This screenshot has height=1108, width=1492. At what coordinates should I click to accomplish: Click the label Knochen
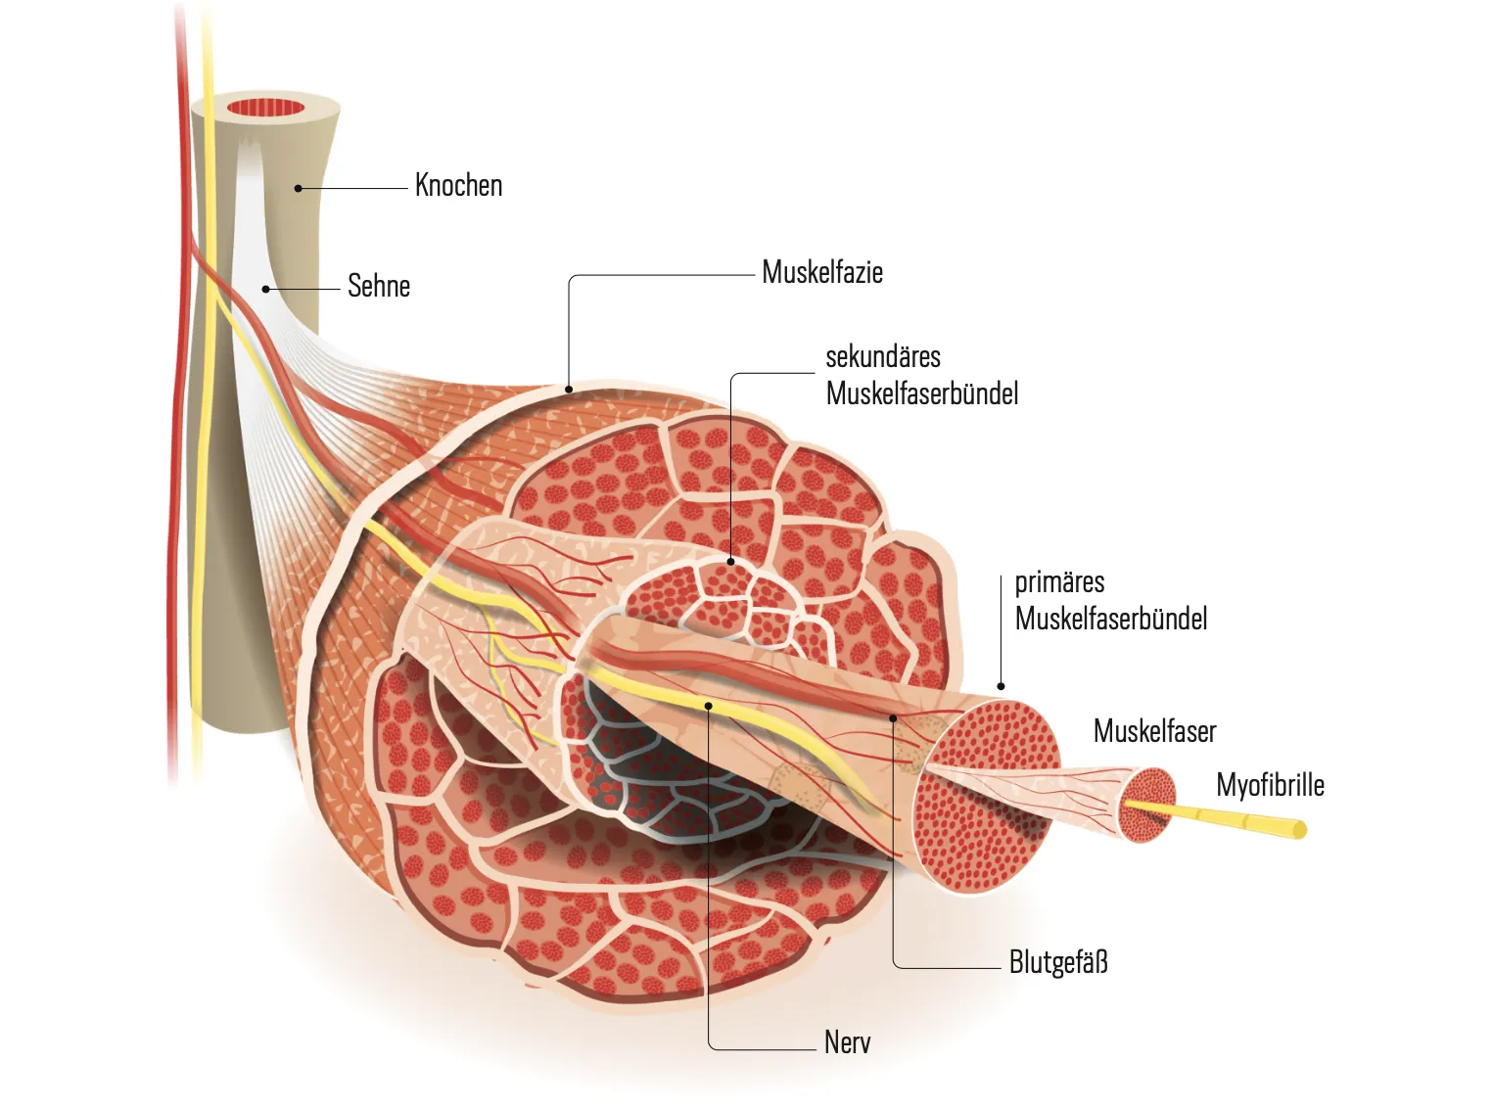pyautogui.click(x=458, y=185)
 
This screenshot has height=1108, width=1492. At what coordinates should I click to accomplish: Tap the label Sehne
pyautogui.click(x=379, y=286)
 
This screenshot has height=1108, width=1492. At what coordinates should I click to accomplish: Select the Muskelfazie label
pyautogui.click(x=822, y=272)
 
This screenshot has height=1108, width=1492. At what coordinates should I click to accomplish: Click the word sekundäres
pyautogui.click(x=883, y=356)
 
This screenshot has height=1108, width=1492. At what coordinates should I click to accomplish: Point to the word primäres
pyautogui.click(x=1059, y=582)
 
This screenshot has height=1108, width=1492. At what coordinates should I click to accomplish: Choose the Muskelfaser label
pyautogui.click(x=1154, y=731)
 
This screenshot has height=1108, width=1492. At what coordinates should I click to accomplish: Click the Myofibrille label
pyautogui.click(x=1270, y=785)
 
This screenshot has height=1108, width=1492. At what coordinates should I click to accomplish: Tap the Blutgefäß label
pyautogui.click(x=1058, y=962)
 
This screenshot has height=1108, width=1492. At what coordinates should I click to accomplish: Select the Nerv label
pyautogui.click(x=847, y=1042)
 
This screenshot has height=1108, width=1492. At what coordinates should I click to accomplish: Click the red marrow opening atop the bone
pyautogui.click(x=266, y=108)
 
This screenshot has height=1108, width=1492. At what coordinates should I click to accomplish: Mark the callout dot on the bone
pyautogui.click(x=299, y=188)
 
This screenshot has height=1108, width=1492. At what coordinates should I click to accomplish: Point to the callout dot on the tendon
pyautogui.click(x=265, y=289)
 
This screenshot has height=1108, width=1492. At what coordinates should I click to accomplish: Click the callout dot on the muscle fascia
pyautogui.click(x=570, y=390)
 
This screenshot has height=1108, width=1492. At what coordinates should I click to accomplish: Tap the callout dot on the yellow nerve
pyautogui.click(x=709, y=705)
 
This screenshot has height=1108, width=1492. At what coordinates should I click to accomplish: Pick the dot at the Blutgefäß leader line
pyautogui.click(x=893, y=718)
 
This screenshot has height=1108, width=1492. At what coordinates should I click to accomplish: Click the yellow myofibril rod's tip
pyautogui.click(x=1299, y=831)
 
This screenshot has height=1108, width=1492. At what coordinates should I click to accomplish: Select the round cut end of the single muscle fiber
pyautogui.click(x=1147, y=805)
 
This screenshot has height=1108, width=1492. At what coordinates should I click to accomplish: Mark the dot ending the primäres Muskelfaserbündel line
pyautogui.click(x=1001, y=686)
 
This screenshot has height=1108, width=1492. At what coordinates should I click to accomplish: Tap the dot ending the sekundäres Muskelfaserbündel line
pyautogui.click(x=730, y=562)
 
